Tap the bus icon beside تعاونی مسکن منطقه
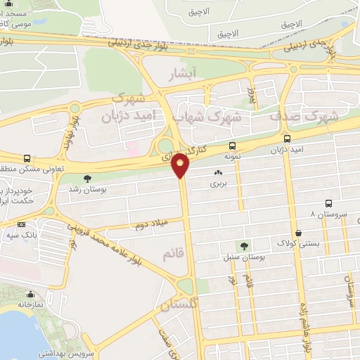[27, 159]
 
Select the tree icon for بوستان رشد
[87, 179]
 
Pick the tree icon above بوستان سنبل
[244, 246]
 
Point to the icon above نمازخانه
[30, 295]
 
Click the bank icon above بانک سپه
[21, 224]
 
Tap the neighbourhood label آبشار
[186, 73]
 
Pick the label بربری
[217, 184]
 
